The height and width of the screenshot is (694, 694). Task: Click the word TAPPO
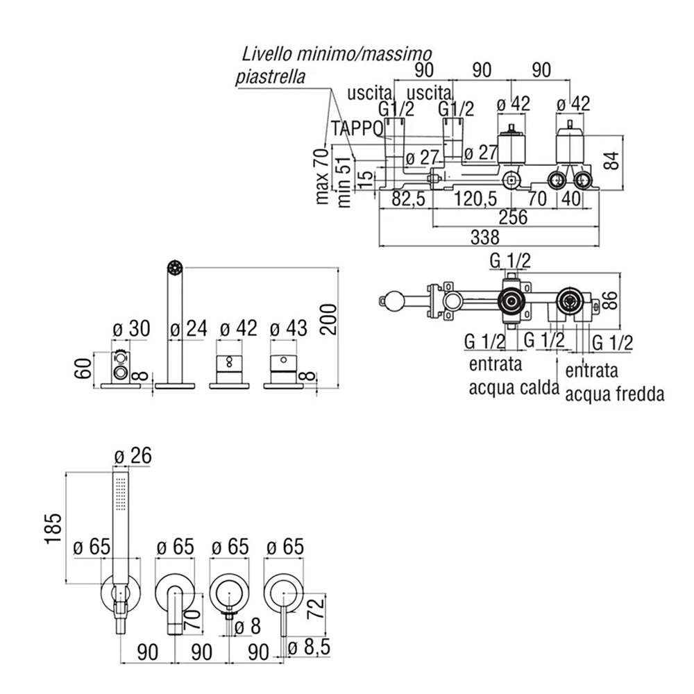click(x=357, y=128)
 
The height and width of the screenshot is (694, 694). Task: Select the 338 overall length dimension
click(x=484, y=237)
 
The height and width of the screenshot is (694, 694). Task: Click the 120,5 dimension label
click(x=475, y=198)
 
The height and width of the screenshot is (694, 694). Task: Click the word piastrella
click(x=270, y=76)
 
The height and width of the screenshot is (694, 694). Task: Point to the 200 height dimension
click(x=327, y=319)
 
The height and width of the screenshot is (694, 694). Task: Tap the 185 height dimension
click(x=55, y=529)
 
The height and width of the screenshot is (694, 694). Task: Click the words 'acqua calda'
click(x=514, y=387)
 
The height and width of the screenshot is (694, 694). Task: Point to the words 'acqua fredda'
click(x=615, y=394)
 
